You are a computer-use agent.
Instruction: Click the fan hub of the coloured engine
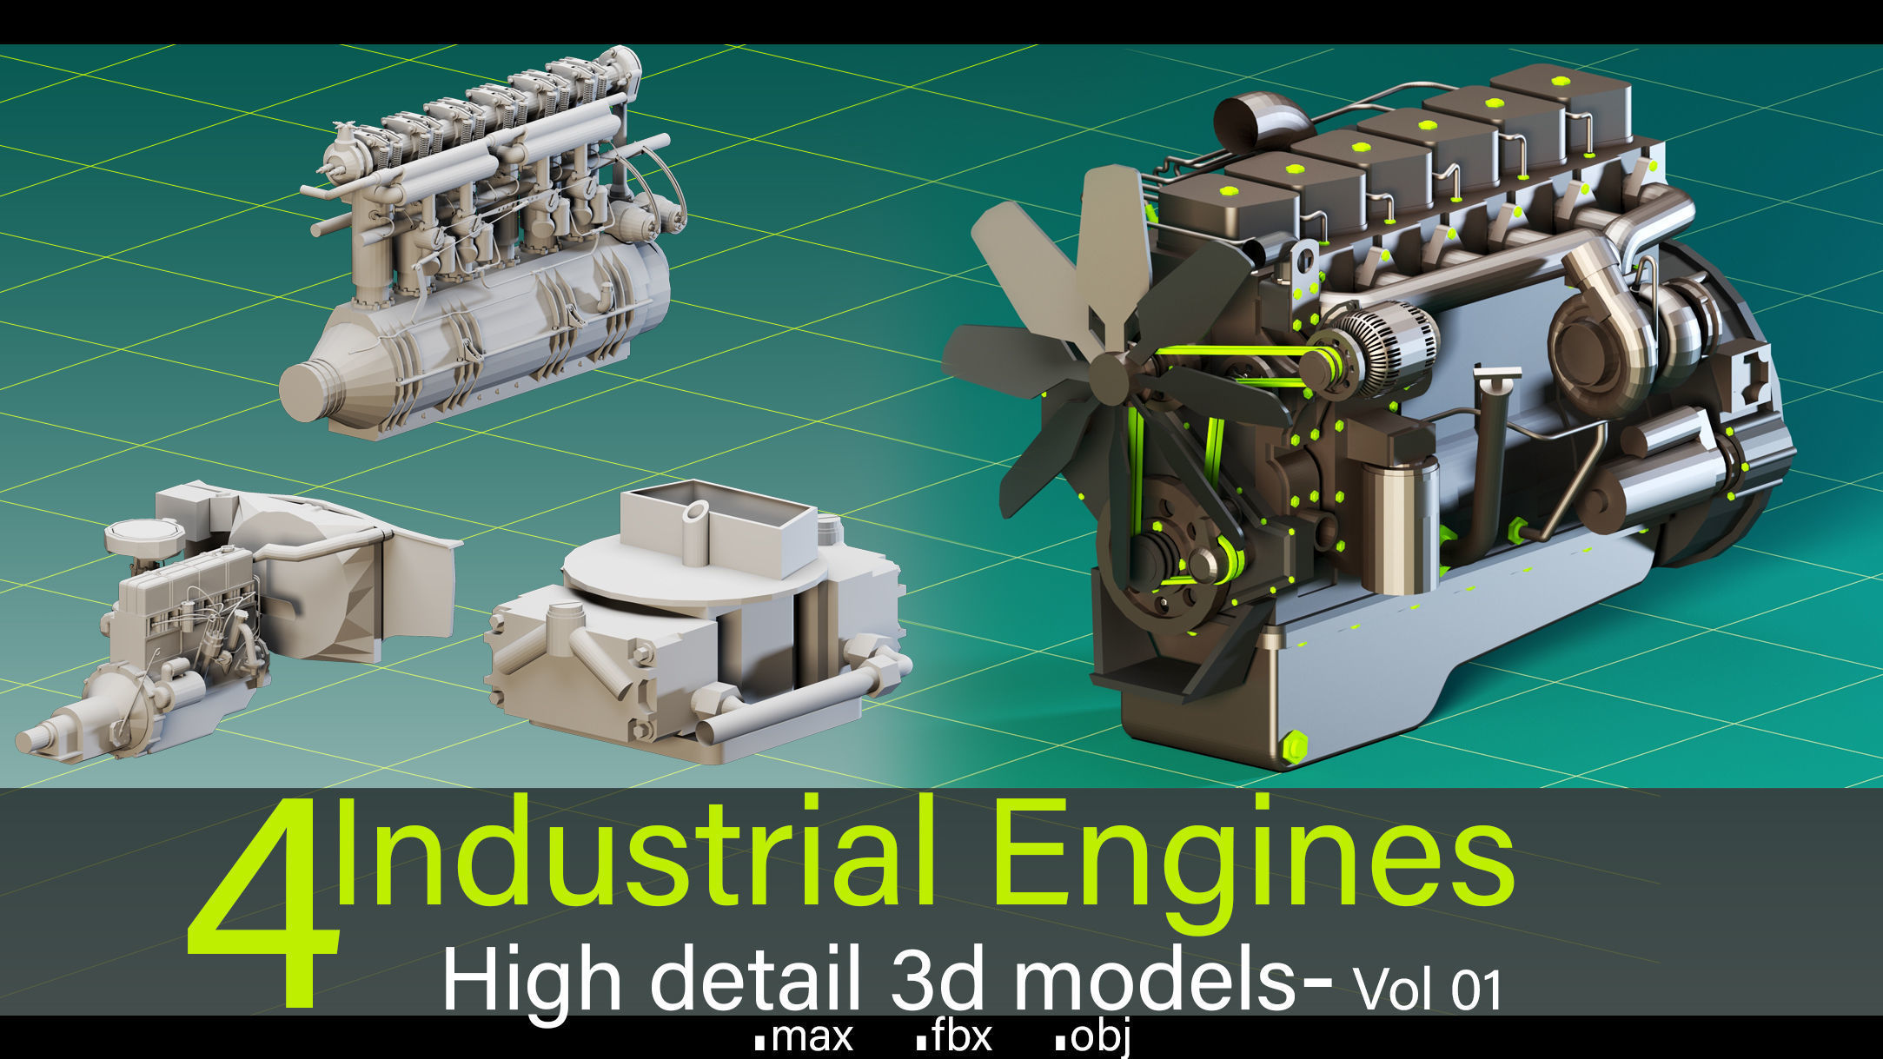pyautogui.click(x=1110, y=376)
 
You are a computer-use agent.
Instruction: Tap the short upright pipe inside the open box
pyautogui.click(x=695, y=533)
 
